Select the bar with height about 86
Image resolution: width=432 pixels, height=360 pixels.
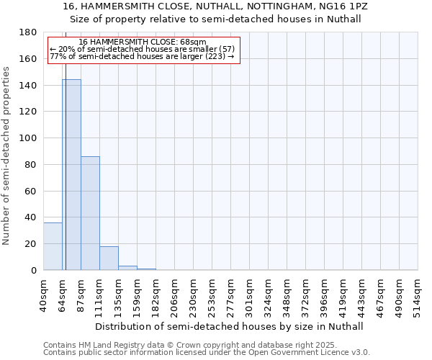click(90, 213)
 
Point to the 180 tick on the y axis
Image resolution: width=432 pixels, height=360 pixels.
click(30, 32)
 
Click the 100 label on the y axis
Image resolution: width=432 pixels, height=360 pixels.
click(30, 138)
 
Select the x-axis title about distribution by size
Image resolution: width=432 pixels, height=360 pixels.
click(230, 326)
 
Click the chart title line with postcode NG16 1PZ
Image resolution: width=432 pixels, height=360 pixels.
click(216, 6)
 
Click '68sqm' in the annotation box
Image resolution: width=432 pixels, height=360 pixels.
click(195, 42)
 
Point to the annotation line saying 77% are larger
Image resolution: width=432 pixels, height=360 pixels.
click(143, 56)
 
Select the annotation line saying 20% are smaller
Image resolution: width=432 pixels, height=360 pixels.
click(143, 49)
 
